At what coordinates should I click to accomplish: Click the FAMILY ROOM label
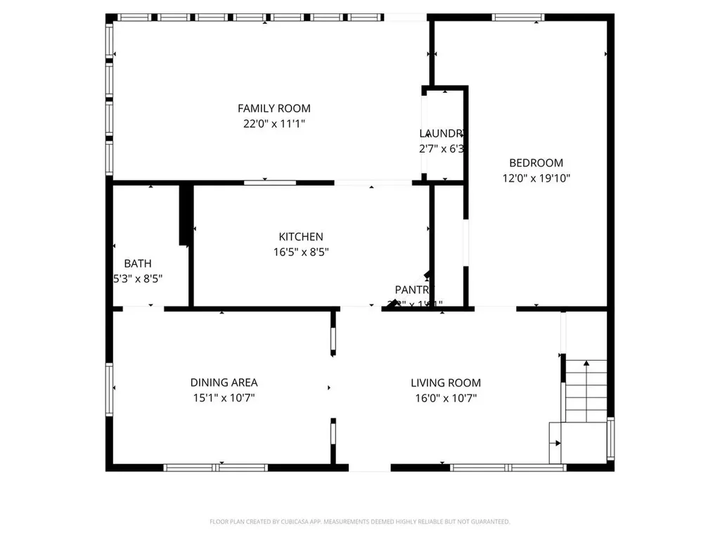[x=274, y=108]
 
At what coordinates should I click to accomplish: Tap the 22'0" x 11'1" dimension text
[x=274, y=124]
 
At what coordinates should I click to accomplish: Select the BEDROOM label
[x=536, y=163]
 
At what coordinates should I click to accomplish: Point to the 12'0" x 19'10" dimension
[x=536, y=179]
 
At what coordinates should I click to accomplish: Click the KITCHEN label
[x=301, y=237]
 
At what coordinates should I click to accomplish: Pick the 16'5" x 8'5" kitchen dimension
[x=301, y=252]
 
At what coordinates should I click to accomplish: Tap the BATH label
[x=138, y=264]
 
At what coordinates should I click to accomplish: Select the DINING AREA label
[x=224, y=382]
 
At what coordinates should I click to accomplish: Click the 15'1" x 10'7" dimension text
[x=224, y=398]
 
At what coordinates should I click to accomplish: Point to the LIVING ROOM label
[x=446, y=382]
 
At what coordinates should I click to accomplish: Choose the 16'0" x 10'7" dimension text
[x=446, y=398]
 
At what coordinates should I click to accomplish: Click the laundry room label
[x=442, y=134]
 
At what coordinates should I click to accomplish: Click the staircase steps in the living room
[x=586, y=390]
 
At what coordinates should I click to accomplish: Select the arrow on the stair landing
[x=558, y=443]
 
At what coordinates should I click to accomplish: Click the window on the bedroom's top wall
[x=518, y=18]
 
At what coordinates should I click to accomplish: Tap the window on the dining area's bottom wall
[x=215, y=467]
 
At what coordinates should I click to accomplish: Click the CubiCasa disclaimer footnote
[x=359, y=522]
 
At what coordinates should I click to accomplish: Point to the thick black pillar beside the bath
[x=186, y=214]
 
